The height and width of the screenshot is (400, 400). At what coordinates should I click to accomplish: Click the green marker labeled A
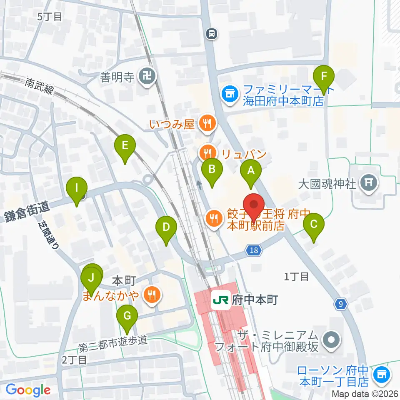[251, 171]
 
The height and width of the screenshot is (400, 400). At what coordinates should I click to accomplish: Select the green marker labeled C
[314, 225]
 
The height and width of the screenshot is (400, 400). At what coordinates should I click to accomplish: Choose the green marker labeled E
[125, 146]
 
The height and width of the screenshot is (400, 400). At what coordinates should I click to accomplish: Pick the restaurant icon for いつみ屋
[207, 123]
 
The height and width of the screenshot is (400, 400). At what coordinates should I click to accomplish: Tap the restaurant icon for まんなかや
[150, 295]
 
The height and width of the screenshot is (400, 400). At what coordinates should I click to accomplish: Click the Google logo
[28, 390]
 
